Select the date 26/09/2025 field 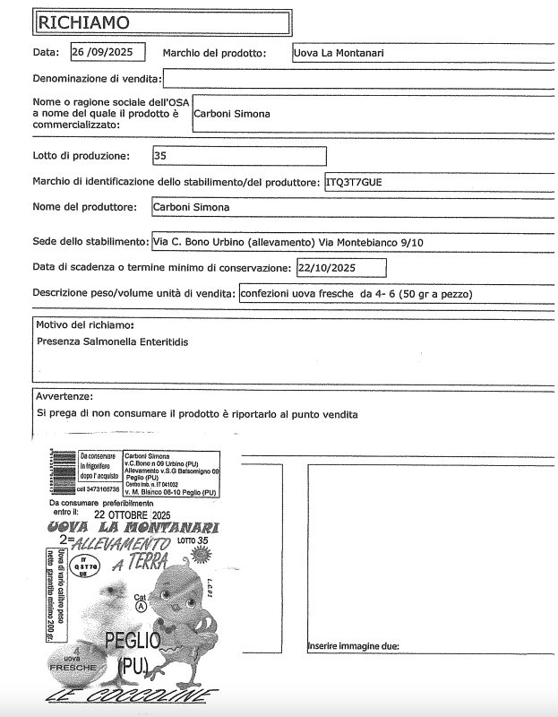coord(107,52)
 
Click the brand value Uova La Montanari coord(340,53)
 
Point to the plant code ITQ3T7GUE coord(354,182)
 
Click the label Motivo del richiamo coord(85,324)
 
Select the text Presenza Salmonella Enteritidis coord(112,341)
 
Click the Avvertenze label coord(64,396)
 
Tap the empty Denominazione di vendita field coord(358,80)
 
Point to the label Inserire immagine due coord(353,646)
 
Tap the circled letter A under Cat coord(141,606)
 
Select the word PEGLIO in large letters coord(133,640)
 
